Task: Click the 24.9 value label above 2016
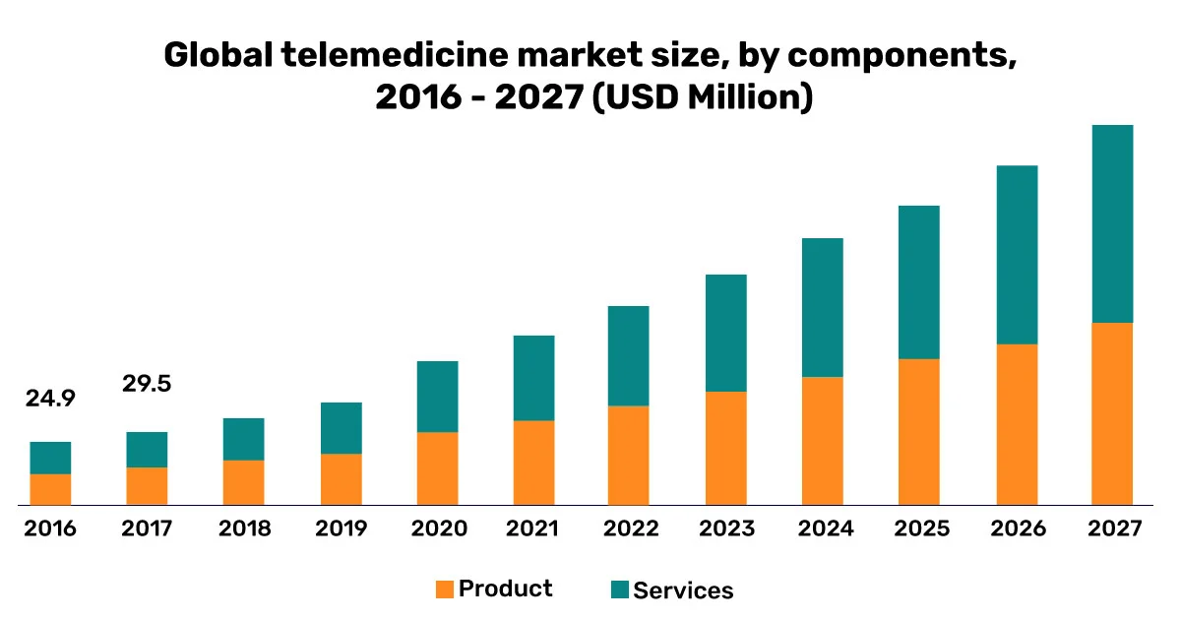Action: click(50, 399)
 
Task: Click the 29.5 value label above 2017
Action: click(147, 384)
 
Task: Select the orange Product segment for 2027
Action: click(1112, 413)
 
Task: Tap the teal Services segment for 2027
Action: click(1112, 223)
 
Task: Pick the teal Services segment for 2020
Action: click(437, 397)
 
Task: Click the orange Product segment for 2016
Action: click(50, 489)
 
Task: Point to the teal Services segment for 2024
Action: click(823, 307)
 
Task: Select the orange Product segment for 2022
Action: click(630, 455)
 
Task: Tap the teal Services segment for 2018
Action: click(243, 439)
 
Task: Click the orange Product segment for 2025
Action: click(919, 431)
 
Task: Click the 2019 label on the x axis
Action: click(341, 529)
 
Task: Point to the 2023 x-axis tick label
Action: click(726, 529)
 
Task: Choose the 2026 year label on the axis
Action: click(1017, 529)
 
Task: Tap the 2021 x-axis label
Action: click(532, 529)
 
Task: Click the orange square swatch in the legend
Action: click(445, 589)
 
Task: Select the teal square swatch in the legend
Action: click(619, 589)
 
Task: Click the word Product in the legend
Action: click(505, 589)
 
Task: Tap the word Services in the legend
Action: click(683, 590)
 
